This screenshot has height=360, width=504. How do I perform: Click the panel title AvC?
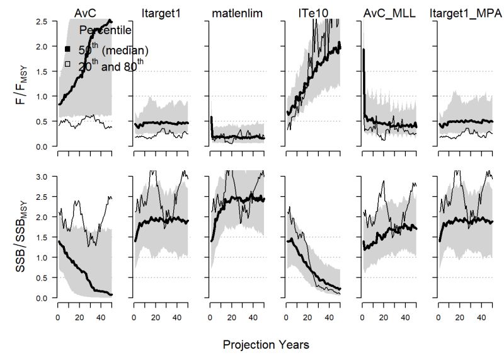pos(85,12)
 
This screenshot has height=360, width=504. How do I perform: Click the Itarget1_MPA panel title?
pos(464,12)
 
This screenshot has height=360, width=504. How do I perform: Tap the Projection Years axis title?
pos(266,345)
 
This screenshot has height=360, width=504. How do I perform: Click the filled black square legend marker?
pos(67,49)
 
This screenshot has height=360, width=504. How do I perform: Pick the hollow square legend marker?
pos(67,64)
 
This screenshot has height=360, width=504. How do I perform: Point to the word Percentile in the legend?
pos(105,29)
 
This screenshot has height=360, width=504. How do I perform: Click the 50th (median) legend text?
pos(113,49)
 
